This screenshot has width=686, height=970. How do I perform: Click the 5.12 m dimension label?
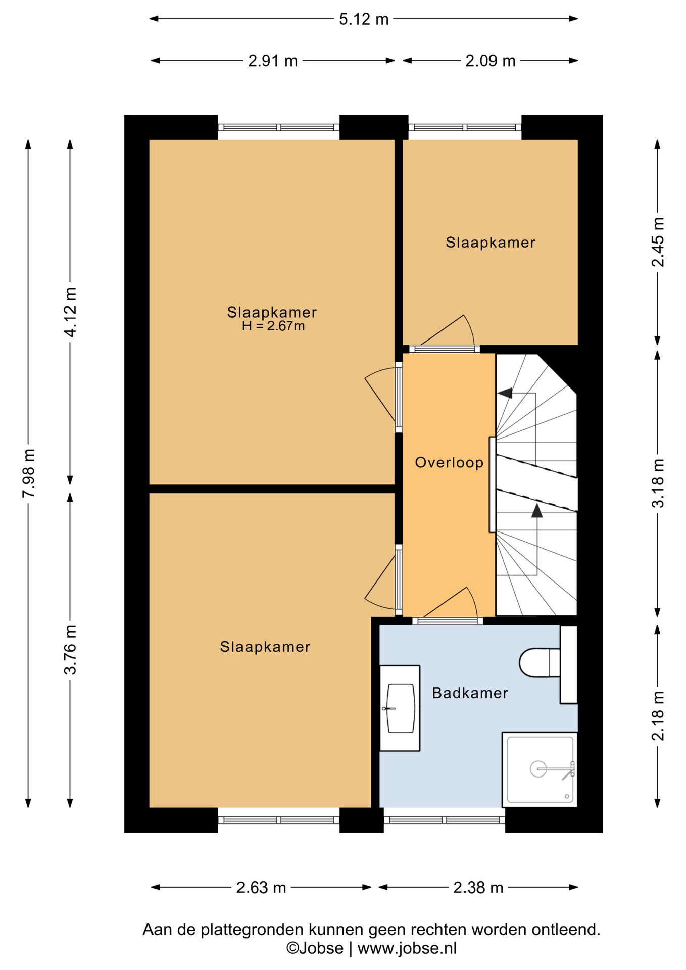[364, 19]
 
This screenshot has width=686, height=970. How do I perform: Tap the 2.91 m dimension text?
[273, 61]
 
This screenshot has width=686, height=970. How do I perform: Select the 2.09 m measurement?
[491, 61]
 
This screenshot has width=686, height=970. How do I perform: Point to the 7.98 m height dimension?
[29, 473]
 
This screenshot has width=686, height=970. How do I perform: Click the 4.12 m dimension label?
[71, 312]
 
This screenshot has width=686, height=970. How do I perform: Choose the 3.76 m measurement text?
[71, 650]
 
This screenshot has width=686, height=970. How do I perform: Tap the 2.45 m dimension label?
[658, 242]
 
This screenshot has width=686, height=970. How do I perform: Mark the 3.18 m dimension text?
[658, 483]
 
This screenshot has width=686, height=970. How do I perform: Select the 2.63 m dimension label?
[261, 887]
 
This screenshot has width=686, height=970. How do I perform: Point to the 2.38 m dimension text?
[478, 887]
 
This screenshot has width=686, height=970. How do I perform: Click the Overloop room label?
[449, 462]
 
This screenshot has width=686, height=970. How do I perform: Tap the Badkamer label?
[470, 693]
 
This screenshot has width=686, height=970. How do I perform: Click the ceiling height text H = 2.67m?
[273, 326]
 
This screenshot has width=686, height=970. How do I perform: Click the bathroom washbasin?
[400, 708]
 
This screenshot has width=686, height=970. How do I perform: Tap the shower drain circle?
[538, 769]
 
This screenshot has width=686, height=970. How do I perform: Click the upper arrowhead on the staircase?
[505, 393]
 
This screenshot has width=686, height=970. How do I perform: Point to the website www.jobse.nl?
[407, 948]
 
